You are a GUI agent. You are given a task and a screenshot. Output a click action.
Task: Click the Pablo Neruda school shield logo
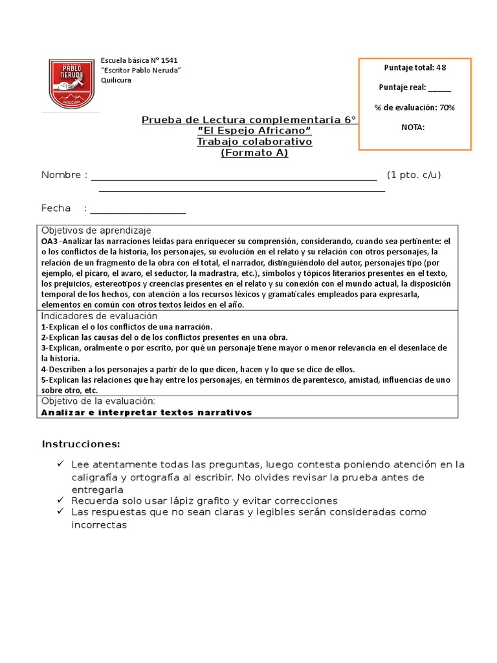pyautogui.click(x=72, y=84)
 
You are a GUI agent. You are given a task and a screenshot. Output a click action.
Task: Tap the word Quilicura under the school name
pyautogui.click(x=116, y=80)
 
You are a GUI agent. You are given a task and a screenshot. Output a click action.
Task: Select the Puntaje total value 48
pyautogui.click(x=440, y=67)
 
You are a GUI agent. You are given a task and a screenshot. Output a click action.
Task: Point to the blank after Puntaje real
pyautogui.click(x=439, y=87)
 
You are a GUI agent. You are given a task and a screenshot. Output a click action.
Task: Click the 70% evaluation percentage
pyautogui.click(x=447, y=107)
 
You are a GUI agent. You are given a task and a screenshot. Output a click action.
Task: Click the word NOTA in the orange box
pyautogui.click(x=414, y=127)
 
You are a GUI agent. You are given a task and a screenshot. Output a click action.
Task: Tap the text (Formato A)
pyautogui.click(x=254, y=153)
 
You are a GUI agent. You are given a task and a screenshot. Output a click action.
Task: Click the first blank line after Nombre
pyautogui.click(x=234, y=176)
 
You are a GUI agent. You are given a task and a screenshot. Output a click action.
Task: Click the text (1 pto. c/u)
pyautogui.click(x=414, y=175)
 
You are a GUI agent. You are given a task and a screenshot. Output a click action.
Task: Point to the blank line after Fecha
pyautogui.click(x=138, y=209)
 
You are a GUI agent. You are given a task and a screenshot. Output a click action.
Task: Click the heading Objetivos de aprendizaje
pyautogui.click(x=96, y=230)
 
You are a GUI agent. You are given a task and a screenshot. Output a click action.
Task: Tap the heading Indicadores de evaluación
pyautogui.click(x=99, y=316)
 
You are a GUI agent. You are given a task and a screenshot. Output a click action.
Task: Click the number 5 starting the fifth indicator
pyautogui.click(x=43, y=380)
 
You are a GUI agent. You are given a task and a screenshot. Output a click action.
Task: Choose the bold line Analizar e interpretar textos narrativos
pyautogui.click(x=146, y=412)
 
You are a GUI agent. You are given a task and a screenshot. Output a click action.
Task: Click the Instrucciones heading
pyautogui.click(x=81, y=444)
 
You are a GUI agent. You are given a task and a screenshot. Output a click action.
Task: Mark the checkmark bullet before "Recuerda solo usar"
pyautogui.click(x=60, y=500)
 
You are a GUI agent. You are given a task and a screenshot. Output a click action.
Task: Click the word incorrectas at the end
pyautogui.click(x=99, y=524)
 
